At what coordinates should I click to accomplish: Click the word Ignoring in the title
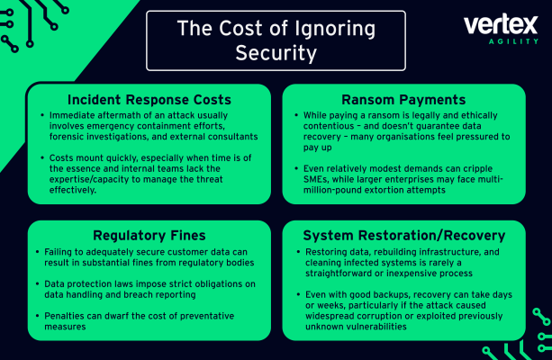click(x=335, y=29)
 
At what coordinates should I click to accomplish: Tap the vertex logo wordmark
click(x=501, y=24)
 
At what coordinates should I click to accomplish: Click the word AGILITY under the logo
click(x=513, y=41)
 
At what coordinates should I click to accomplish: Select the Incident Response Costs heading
click(x=149, y=100)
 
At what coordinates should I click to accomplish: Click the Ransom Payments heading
click(x=403, y=100)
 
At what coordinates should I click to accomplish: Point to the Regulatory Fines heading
click(x=149, y=235)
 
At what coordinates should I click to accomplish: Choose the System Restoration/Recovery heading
click(x=404, y=236)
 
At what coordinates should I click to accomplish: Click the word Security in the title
click(x=276, y=53)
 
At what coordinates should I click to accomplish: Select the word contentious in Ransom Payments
click(x=329, y=126)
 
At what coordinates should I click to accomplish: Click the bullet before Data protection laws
click(x=37, y=283)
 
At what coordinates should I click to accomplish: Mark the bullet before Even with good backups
click(x=299, y=294)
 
